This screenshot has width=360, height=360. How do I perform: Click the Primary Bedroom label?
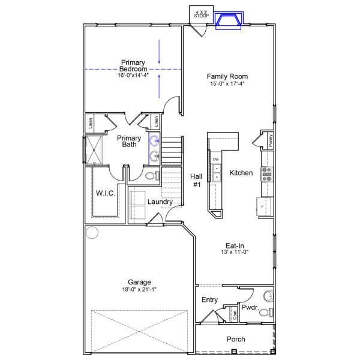pyautogui.click(x=132, y=65)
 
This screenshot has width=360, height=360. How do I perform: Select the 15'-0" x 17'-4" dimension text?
pyautogui.click(x=227, y=84)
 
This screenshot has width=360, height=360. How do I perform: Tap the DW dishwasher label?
pyautogui.click(x=215, y=159)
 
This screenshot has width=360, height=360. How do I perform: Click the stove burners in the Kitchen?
pyautogui.click(x=266, y=173)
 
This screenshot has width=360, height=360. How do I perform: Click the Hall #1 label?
pyautogui.click(x=196, y=181)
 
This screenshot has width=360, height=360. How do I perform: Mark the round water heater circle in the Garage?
pyautogui.click(x=92, y=232)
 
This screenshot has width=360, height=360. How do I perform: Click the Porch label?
pyautogui.click(x=235, y=339)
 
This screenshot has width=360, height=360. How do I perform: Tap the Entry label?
pyautogui.click(x=209, y=300)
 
